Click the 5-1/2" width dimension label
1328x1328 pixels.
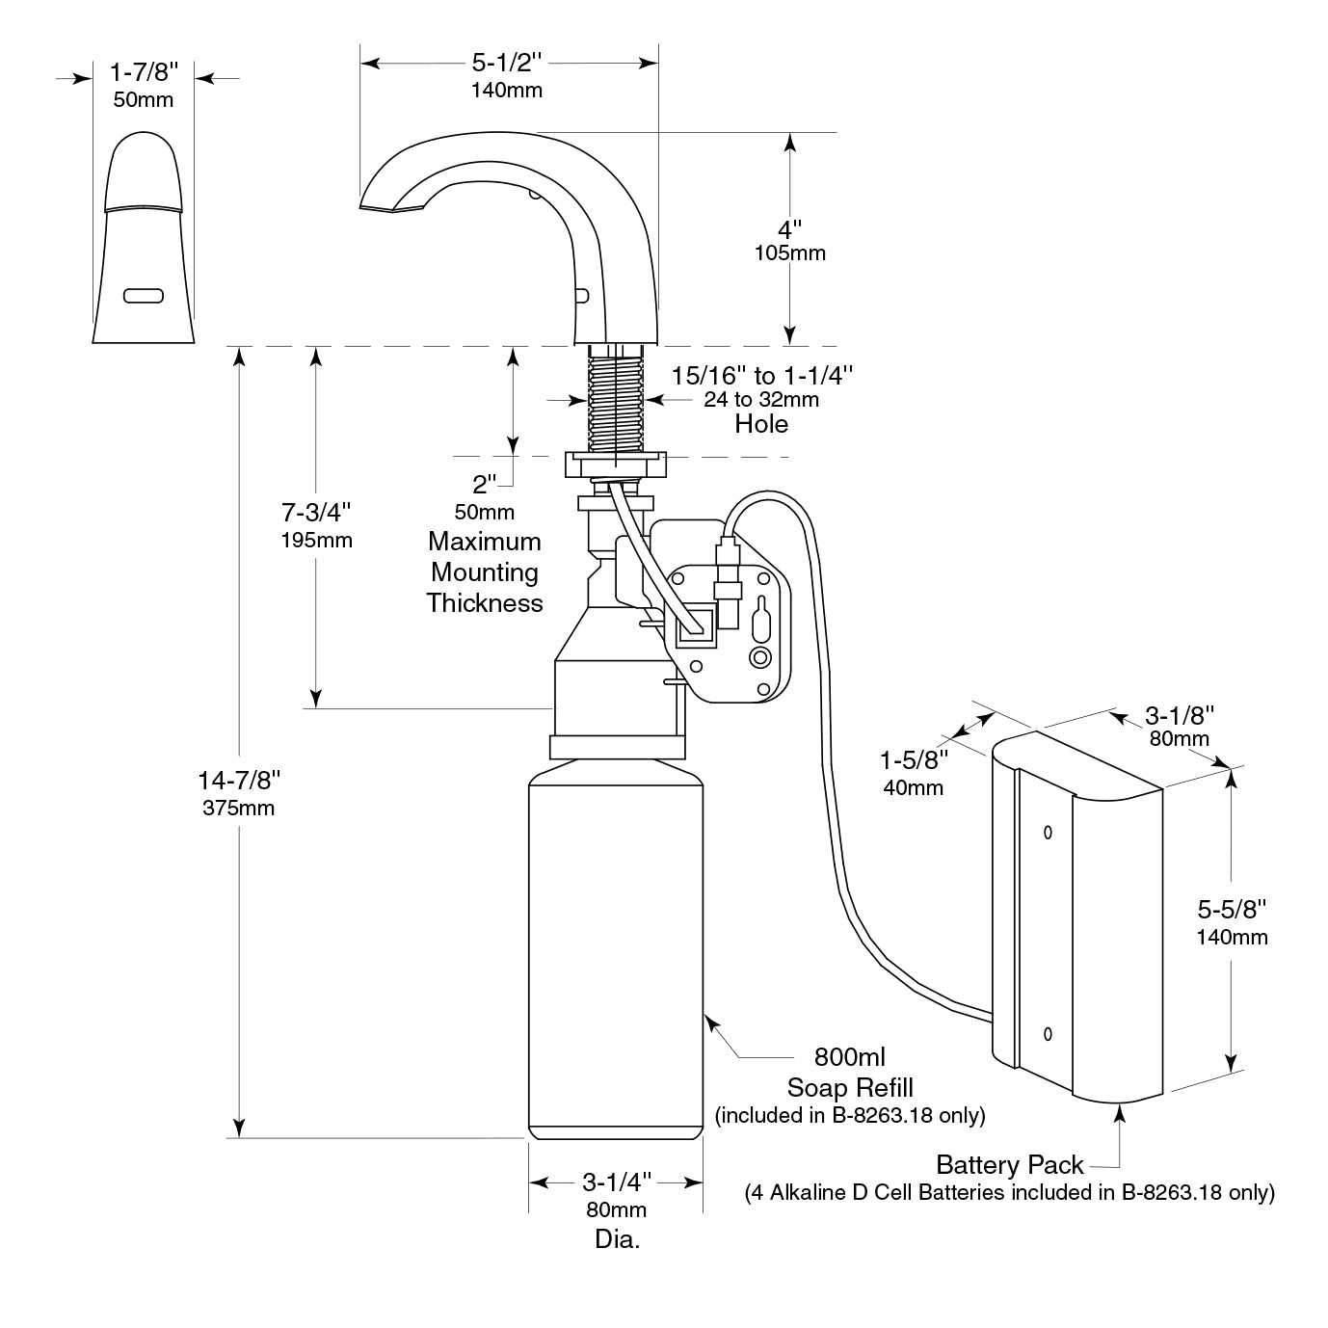(507, 64)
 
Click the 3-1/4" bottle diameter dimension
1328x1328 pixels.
(616, 1182)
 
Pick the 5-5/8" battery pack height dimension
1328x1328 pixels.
(1231, 909)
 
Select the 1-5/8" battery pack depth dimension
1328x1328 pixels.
(913, 760)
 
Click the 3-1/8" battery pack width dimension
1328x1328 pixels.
(1178, 715)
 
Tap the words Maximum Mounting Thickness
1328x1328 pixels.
(485, 572)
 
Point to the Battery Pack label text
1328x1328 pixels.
(1009, 1165)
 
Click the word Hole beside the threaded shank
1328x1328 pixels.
(760, 424)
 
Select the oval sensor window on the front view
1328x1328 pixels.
(143, 295)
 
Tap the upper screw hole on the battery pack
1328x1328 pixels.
(1049, 833)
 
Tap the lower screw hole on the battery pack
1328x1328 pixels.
(1049, 1035)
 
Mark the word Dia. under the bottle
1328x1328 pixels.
(617, 1239)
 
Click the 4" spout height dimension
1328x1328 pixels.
(790, 231)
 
